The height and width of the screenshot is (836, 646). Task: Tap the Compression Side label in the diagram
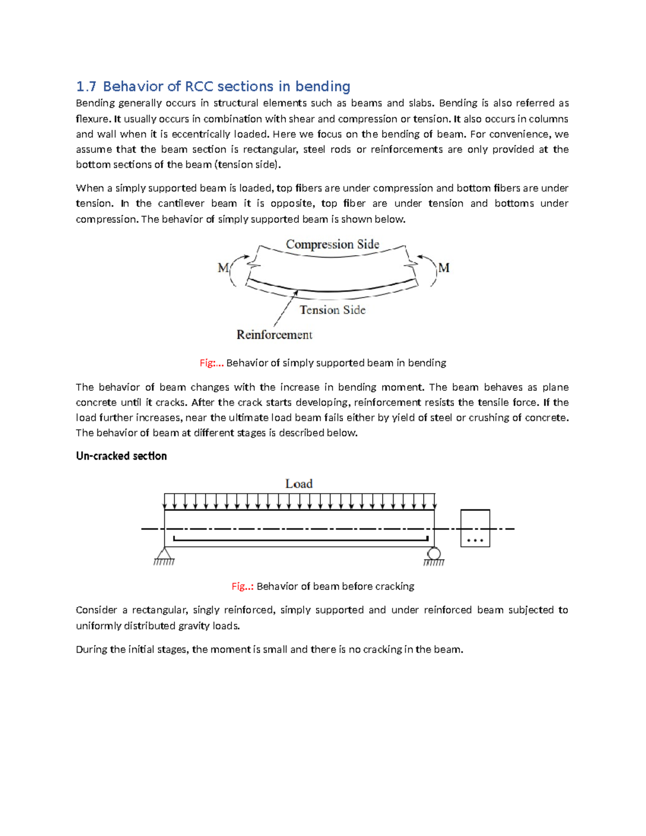click(332, 244)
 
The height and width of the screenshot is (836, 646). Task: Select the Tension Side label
click(332, 310)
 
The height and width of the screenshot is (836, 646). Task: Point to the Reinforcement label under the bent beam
click(274, 335)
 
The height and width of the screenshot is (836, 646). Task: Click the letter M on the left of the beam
click(223, 268)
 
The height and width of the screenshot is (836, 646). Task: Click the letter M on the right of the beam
click(444, 268)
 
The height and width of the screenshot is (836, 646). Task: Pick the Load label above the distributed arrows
click(299, 484)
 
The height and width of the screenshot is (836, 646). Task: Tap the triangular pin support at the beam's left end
click(164, 555)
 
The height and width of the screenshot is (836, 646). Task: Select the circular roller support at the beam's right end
click(434, 554)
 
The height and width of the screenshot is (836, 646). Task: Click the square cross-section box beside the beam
click(475, 528)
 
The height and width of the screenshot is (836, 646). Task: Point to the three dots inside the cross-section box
click(475, 540)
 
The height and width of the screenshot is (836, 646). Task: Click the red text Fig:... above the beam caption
click(211, 363)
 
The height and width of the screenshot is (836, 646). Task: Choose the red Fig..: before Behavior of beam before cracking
click(242, 586)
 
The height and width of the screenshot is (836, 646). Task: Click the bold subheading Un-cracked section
click(121, 456)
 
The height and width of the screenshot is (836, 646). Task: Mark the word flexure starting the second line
click(93, 119)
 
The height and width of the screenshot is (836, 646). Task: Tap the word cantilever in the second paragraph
click(181, 203)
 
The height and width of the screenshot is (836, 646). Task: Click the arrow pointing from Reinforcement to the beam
click(286, 308)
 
